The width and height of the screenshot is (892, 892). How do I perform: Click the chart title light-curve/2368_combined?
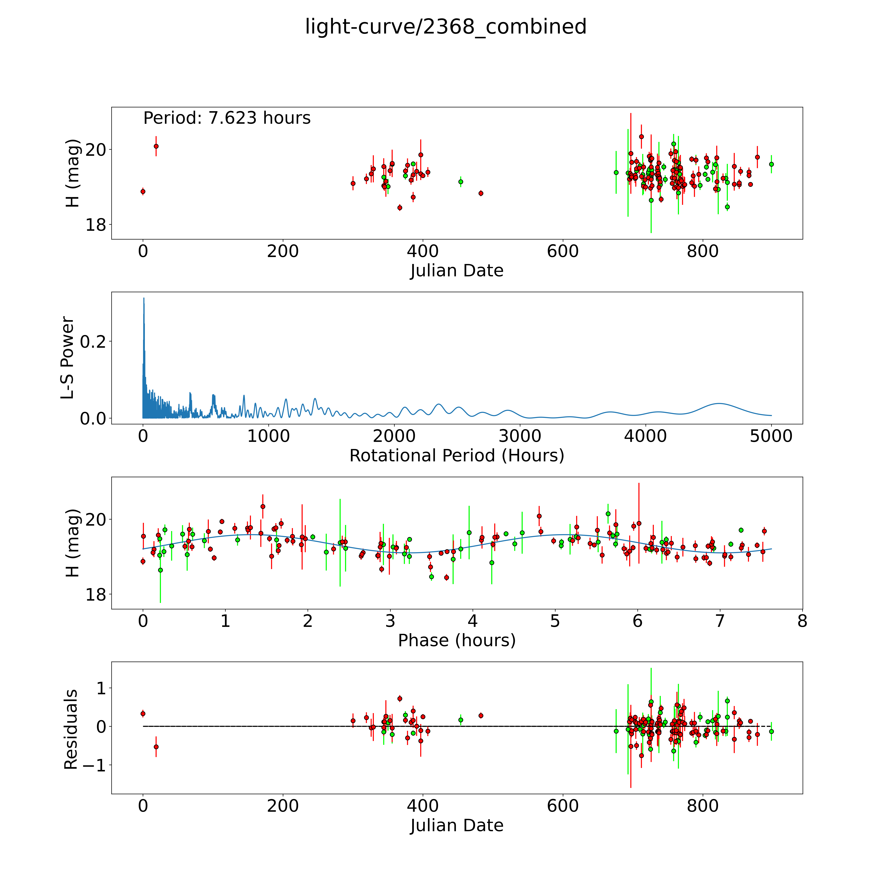coord(446,27)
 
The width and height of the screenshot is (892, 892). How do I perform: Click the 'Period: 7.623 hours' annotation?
coord(227,118)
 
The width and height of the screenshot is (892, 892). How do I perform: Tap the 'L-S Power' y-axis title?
coord(67,358)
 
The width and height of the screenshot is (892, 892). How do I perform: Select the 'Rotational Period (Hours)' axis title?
coord(457,456)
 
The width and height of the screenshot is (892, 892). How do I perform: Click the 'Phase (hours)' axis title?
coord(457,640)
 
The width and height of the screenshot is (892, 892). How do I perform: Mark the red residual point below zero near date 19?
coord(156,747)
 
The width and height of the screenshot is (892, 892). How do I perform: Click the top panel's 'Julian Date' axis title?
coord(457,271)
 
